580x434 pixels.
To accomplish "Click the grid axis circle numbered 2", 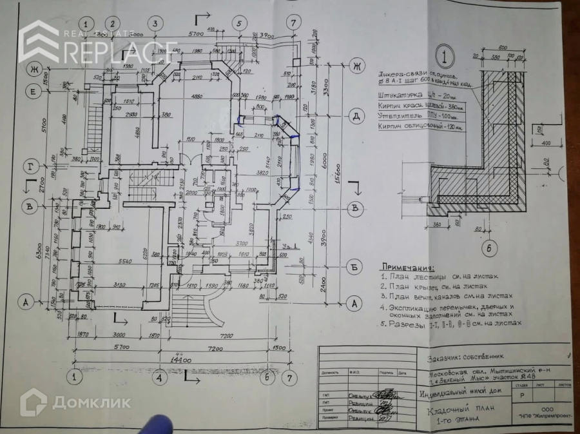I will (x=113, y=23).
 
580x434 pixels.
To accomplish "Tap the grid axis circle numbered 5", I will (x=239, y=23).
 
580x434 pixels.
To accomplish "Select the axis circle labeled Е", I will (x=32, y=92).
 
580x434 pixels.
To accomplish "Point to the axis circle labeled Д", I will (x=354, y=117).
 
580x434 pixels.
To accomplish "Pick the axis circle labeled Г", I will (x=30, y=165).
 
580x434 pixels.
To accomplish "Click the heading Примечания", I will (x=407, y=266).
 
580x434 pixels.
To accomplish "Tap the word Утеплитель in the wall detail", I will (x=400, y=115).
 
